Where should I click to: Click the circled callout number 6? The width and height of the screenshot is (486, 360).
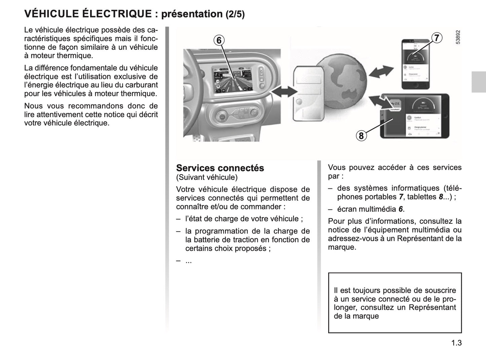(219, 40)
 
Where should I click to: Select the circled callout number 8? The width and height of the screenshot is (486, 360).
(361, 136)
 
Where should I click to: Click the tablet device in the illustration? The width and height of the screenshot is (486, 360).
(414, 116)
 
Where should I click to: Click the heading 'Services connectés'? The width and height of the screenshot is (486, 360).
(220, 168)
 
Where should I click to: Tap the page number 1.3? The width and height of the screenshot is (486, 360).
(456, 343)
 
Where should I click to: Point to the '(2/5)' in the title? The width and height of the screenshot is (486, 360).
(235, 14)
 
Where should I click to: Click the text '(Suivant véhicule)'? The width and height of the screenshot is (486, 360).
(207, 177)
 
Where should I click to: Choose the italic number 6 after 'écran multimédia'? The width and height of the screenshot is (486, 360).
(401, 209)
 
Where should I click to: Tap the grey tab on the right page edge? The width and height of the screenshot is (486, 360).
(479, 82)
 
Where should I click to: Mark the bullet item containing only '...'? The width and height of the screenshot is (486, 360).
(188, 261)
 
